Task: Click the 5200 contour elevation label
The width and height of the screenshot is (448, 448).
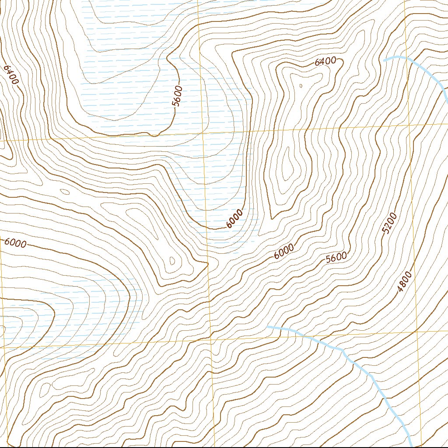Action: click(389, 224)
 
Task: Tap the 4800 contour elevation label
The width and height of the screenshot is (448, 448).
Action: click(405, 282)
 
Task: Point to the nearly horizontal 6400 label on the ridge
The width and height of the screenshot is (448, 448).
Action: click(325, 62)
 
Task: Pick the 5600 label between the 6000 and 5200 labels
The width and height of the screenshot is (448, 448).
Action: click(336, 258)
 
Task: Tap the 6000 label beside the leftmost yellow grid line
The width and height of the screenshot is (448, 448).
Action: click(16, 243)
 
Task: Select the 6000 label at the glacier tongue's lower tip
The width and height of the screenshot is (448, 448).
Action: click(234, 219)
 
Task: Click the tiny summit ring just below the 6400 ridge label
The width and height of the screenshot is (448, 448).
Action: click(301, 86)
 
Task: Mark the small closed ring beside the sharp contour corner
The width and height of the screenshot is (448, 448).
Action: click(172, 262)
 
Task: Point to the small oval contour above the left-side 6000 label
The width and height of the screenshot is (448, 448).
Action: click(65, 192)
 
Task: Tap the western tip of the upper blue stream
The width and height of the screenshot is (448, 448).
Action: click(385, 59)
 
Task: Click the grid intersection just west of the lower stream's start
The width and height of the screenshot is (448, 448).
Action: click(211, 339)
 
